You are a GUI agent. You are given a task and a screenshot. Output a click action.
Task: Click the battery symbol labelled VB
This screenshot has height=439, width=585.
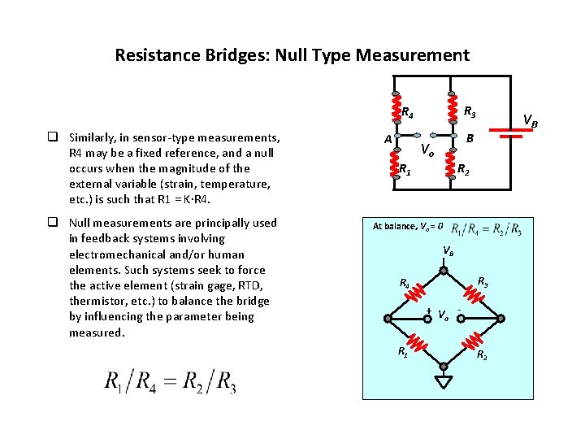click(x=510, y=133)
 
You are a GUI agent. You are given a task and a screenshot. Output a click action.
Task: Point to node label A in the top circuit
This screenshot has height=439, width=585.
click(x=388, y=139)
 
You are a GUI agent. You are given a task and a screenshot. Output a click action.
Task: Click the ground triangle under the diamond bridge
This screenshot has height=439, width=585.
click(x=444, y=381)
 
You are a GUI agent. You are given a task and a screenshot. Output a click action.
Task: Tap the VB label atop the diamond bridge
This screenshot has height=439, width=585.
click(x=448, y=251)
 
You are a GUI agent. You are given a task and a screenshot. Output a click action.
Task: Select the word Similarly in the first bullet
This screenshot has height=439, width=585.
click(x=97, y=137)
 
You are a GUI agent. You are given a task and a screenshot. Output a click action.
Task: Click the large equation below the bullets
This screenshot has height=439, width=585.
click(x=170, y=382)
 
